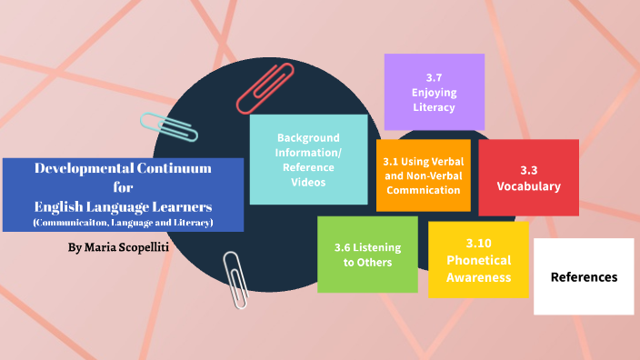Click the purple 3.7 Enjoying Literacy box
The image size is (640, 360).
(x=434, y=92)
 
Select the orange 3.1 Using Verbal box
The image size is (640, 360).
(x=423, y=175)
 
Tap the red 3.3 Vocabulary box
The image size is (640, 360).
(x=528, y=178)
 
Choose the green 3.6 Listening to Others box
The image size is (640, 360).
(x=367, y=255)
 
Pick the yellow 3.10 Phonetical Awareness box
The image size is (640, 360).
(x=478, y=260)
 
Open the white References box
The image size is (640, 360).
(x=584, y=277)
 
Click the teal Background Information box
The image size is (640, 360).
(x=308, y=159)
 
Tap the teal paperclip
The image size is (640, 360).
(x=170, y=127)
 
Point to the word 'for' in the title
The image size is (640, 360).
(x=123, y=187)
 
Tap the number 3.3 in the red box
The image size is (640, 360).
(x=528, y=170)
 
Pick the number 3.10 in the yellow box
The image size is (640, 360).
(x=478, y=244)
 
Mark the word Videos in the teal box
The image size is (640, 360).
(x=308, y=182)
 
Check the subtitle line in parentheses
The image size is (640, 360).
(x=123, y=223)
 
